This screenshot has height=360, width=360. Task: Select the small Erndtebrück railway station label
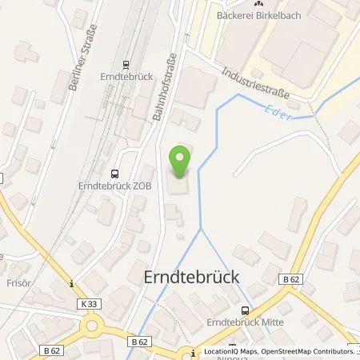point(126,78)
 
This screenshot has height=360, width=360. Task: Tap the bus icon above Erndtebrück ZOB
point(115,171)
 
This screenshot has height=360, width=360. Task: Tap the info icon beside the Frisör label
point(71,282)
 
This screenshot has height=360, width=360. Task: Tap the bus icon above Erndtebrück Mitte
point(246,310)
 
